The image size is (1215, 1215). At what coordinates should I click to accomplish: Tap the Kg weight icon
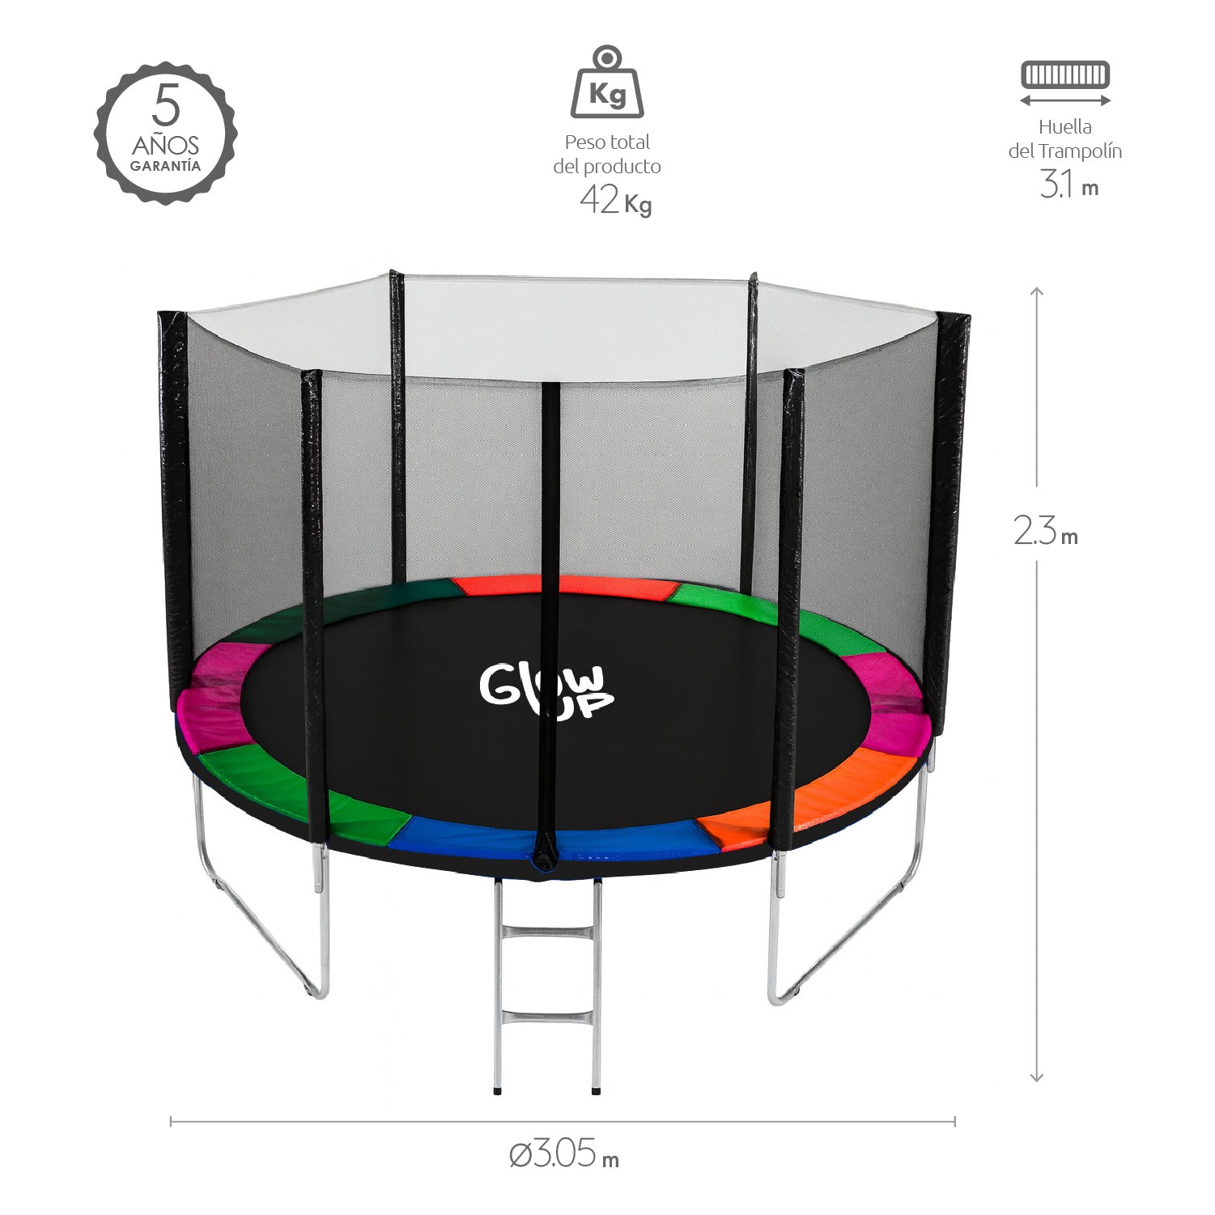pyautogui.click(x=607, y=83)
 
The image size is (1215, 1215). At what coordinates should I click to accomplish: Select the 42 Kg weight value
pyautogui.click(x=615, y=200)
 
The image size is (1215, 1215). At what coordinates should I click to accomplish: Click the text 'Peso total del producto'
pyautogui.click(x=607, y=154)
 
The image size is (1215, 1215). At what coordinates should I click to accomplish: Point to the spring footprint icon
pyautogui.click(x=1064, y=75)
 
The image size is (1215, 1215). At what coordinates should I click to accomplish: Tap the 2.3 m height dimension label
pyautogui.click(x=1045, y=532)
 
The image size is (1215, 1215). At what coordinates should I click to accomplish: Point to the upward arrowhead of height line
pyautogui.click(x=1036, y=290)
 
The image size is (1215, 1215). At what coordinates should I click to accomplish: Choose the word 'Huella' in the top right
pyautogui.click(x=1064, y=127)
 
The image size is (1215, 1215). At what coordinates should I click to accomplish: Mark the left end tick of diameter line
pyautogui.click(x=171, y=1121)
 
